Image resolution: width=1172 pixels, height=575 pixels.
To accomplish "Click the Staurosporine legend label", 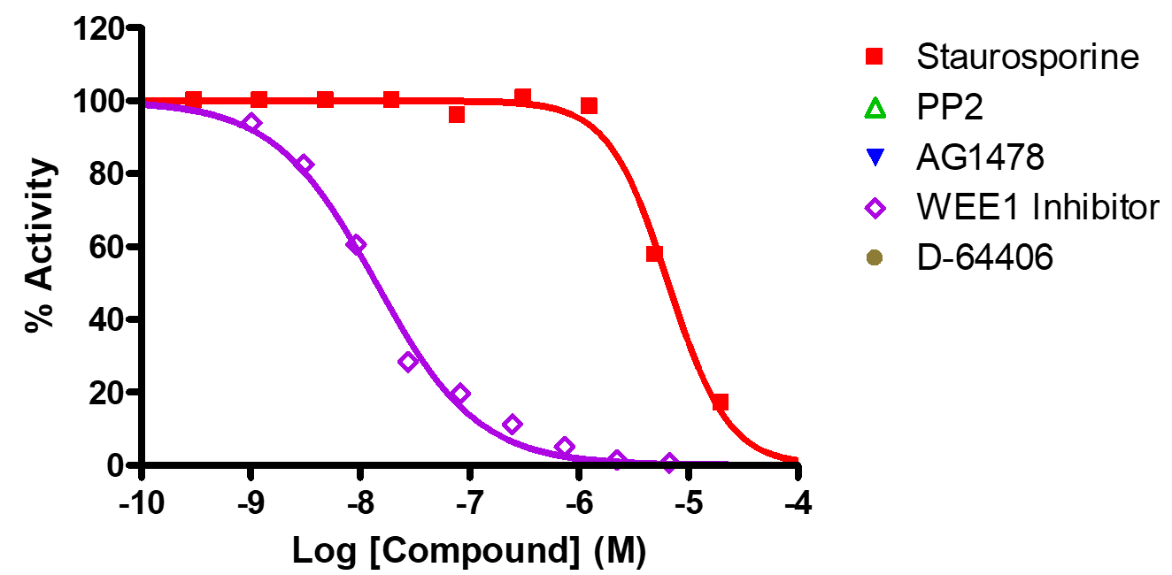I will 1028,57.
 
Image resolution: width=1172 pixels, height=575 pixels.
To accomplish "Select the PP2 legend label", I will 950,108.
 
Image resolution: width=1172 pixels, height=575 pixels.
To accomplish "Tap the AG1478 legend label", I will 981,158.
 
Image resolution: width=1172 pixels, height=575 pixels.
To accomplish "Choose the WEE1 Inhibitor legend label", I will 1037,208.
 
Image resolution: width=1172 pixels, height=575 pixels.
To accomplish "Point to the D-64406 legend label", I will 985,258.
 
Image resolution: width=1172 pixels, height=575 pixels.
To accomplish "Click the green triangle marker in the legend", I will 875,108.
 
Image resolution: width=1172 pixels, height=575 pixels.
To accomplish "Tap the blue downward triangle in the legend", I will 875,159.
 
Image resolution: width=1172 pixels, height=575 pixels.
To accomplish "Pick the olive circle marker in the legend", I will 875,258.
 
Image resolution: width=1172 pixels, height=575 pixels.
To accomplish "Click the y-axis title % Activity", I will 40,247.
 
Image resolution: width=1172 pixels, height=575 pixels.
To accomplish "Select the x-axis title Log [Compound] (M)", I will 469,550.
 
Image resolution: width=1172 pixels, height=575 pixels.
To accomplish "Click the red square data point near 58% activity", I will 654,254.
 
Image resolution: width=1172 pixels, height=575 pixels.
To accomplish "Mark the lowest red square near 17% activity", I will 720,402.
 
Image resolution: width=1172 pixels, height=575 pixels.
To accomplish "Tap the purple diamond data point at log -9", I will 251,123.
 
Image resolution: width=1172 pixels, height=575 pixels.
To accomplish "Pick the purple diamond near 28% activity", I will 407,361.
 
